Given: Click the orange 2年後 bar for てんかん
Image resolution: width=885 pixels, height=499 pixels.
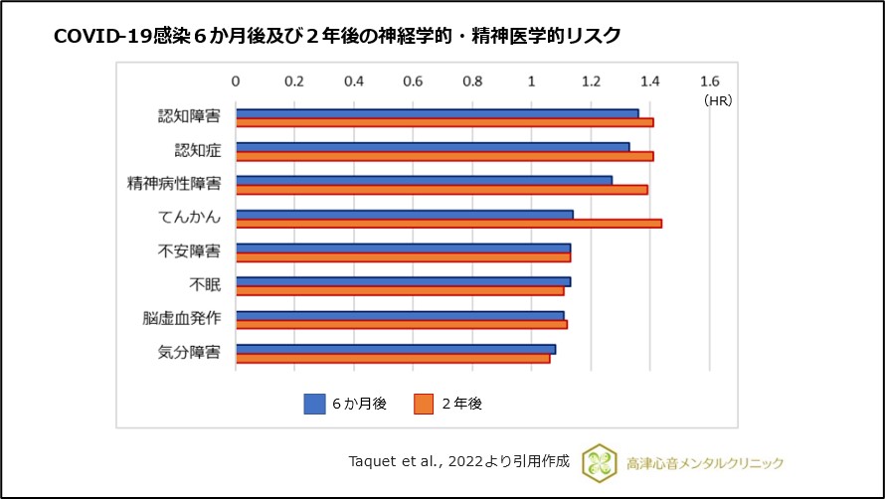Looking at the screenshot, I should tap(447, 224).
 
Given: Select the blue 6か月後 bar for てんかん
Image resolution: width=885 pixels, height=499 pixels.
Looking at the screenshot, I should tap(404, 214).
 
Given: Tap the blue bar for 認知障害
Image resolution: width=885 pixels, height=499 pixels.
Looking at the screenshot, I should tap(437, 113).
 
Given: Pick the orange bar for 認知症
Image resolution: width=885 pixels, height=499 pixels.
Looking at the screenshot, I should tap(443, 156).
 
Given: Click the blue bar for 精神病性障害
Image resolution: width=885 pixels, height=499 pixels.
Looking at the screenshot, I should tap(424, 180).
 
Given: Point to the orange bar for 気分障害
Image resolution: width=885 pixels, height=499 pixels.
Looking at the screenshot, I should tap(392, 358).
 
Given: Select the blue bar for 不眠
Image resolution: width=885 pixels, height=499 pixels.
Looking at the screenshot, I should tap(403, 281).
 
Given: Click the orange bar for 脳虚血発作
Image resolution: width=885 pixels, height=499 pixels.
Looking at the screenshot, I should tap(401, 324).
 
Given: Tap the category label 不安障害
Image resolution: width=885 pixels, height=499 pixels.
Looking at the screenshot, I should tap(190, 251).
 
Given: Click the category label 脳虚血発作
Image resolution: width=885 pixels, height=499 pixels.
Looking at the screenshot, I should tap(183, 319).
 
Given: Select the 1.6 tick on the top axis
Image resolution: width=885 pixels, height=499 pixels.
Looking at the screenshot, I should tap(708, 81).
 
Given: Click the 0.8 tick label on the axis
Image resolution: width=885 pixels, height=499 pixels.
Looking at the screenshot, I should tap(472, 81).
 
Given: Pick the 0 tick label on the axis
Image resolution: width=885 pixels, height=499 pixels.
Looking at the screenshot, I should tap(236, 81).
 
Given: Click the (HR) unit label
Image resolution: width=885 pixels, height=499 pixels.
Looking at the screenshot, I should tap(717, 100).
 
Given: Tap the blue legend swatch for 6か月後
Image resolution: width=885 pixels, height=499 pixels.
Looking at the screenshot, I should tap(315, 404).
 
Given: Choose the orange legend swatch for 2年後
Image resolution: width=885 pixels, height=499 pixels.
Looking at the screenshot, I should tap(424, 404).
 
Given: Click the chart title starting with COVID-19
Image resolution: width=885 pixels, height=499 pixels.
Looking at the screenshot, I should tap(337, 36).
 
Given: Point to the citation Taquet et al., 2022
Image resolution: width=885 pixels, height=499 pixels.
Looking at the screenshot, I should tap(459, 461).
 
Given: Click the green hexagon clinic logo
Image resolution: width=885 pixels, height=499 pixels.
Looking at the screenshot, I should tap(599, 462).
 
